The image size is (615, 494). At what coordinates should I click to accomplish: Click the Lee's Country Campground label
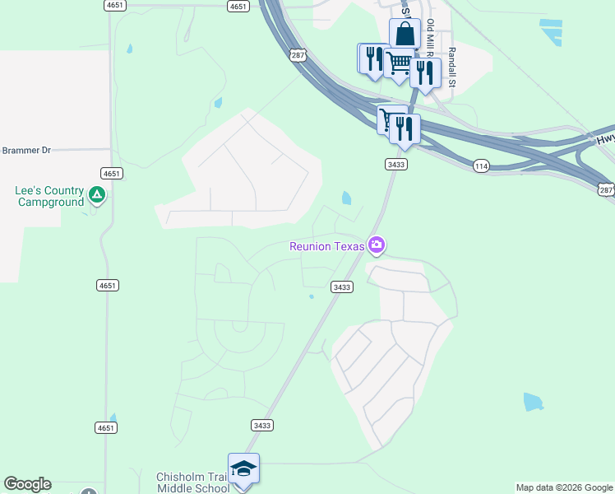[x=49, y=196]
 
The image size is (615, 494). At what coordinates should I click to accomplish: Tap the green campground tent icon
[x=97, y=195]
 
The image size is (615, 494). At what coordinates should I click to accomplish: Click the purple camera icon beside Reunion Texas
[x=377, y=245]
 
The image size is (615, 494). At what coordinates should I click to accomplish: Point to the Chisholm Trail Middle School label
[x=193, y=482]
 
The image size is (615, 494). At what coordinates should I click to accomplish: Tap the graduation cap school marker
[x=243, y=468]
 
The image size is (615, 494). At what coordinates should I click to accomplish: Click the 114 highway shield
[x=482, y=166]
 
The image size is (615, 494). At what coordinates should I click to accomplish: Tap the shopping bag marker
[x=405, y=35]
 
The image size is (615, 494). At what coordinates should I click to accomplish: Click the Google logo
[x=27, y=484]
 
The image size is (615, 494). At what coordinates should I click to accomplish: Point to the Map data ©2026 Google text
[x=564, y=487]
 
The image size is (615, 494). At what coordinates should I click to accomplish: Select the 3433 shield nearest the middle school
[x=261, y=425]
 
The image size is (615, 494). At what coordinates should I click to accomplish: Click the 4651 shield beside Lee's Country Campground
[x=112, y=173]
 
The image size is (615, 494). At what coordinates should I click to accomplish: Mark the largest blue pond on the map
[x=533, y=402]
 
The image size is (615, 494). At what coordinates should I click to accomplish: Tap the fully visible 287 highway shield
[x=298, y=55]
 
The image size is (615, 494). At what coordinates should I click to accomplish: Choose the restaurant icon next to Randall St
[x=425, y=72]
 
